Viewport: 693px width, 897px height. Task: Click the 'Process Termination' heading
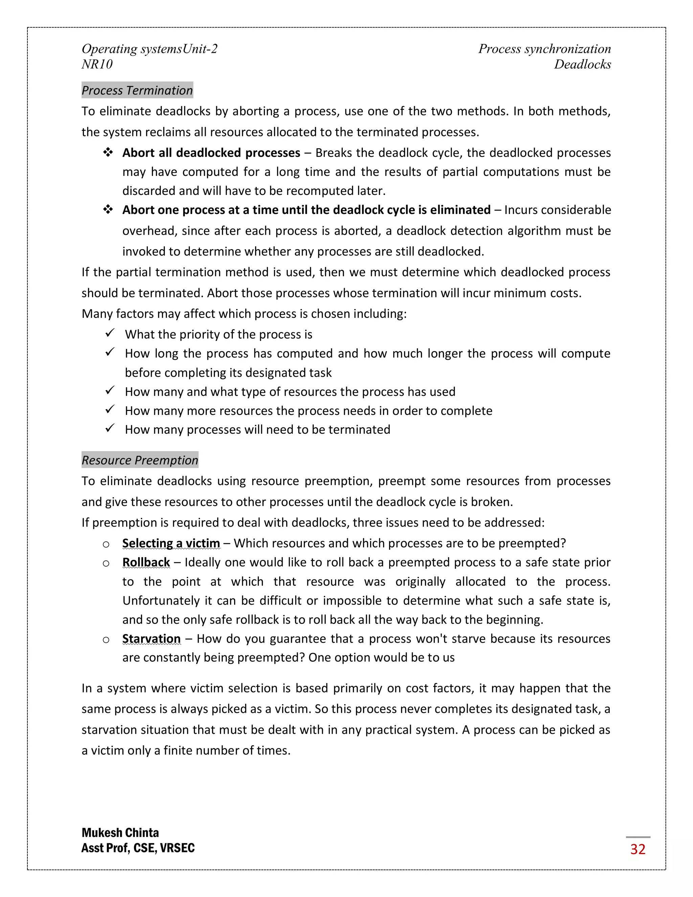click(x=137, y=90)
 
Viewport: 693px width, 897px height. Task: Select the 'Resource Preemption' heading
click(x=140, y=460)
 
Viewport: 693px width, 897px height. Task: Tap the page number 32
click(x=638, y=849)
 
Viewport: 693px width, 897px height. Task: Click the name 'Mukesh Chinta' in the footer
click(x=120, y=833)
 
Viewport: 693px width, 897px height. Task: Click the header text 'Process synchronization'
click(x=544, y=49)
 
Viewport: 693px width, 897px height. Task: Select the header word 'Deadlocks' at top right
click(x=582, y=64)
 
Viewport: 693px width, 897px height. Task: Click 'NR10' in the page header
click(x=97, y=64)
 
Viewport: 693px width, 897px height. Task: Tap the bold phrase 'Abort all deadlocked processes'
click(x=211, y=153)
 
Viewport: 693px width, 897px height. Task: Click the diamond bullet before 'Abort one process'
click(x=108, y=210)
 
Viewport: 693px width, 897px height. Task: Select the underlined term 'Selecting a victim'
click(x=171, y=543)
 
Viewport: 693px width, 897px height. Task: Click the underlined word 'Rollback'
click(x=146, y=562)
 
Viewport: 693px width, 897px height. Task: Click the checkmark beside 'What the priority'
click(x=110, y=333)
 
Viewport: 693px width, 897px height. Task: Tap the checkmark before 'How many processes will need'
click(x=110, y=429)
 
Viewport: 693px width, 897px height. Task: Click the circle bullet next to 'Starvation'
click(x=106, y=640)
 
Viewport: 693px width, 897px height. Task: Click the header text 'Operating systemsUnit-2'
click(x=150, y=49)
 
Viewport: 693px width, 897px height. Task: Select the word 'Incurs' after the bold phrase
click(x=518, y=210)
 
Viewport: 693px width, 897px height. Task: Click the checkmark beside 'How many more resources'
click(x=110, y=410)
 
